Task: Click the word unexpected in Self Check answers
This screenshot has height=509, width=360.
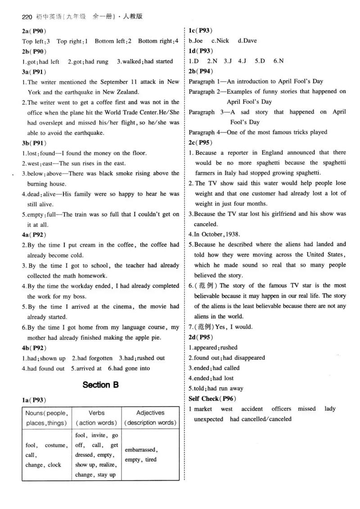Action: (x=208, y=419)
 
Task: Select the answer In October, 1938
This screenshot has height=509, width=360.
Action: (x=215, y=234)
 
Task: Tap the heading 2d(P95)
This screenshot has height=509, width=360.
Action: (x=201, y=337)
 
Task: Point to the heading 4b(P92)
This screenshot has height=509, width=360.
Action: (x=34, y=348)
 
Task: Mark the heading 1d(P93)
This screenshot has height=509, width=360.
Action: (x=201, y=51)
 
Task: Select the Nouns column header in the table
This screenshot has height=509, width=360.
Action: (x=47, y=418)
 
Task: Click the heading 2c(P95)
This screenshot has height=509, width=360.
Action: (x=201, y=143)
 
